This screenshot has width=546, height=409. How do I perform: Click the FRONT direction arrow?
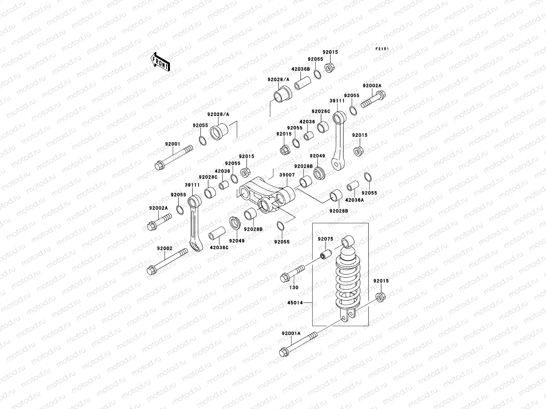[161, 62]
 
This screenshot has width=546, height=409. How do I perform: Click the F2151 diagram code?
[382, 49]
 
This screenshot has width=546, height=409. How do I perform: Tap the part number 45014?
[296, 302]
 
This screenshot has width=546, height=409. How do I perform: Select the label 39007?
[287, 175]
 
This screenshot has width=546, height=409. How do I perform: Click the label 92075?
[325, 239]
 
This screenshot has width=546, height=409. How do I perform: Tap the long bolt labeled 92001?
[174, 157]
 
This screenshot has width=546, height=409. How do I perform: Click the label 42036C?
[219, 247]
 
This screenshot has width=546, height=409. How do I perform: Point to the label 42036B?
[300, 69]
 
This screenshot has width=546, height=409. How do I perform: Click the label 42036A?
[354, 200]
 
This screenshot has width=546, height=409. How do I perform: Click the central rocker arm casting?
[267, 198]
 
